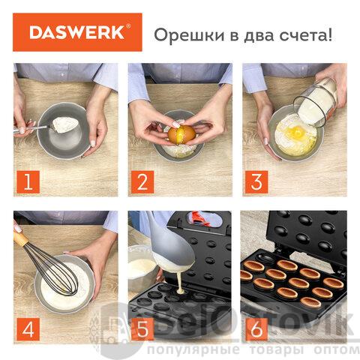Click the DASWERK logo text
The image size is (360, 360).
pos(77,32)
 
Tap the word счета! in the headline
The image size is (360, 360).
pos(306,34)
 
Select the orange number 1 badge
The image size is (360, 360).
pos(28,181)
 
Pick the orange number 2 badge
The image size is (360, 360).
pos(142,181)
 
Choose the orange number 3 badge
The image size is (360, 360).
pos(256,181)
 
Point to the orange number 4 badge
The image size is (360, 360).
pos(28,329)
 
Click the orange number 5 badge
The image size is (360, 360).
pos(142,329)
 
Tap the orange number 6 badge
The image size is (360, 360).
pos(256,329)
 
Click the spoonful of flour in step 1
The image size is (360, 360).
pos(65,124)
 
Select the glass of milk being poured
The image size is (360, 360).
pos(316,102)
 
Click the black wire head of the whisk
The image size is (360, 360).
pos(54,270)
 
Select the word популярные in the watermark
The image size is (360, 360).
pos(193,350)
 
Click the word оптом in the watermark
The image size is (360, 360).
pos(337,349)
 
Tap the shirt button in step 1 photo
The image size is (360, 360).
pos(62,74)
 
